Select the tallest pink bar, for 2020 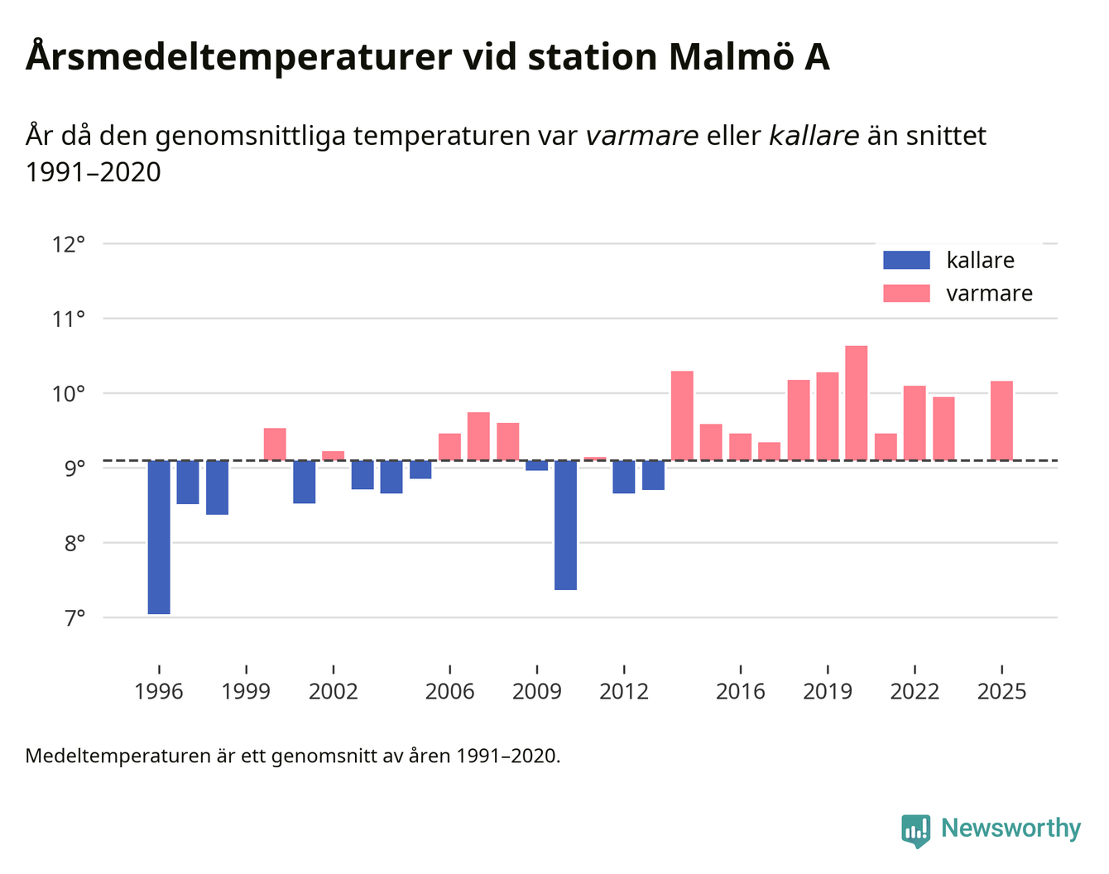pos(857,402)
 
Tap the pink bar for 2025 pos(1001,420)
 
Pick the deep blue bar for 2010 pos(566,525)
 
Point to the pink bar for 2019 pos(828,415)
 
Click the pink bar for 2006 pos(449,447)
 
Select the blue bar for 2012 pos(624,477)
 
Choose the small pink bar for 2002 pos(334,455)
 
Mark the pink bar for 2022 pos(915,422)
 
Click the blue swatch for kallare pos(906,260)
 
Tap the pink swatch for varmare pos(906,293)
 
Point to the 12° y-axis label pos(69,244)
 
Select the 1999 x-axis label pos(246,691)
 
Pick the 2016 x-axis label pos(740,691)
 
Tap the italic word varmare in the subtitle pos(641,135)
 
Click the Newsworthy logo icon pos(916,830)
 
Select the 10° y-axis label pos(69,393)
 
